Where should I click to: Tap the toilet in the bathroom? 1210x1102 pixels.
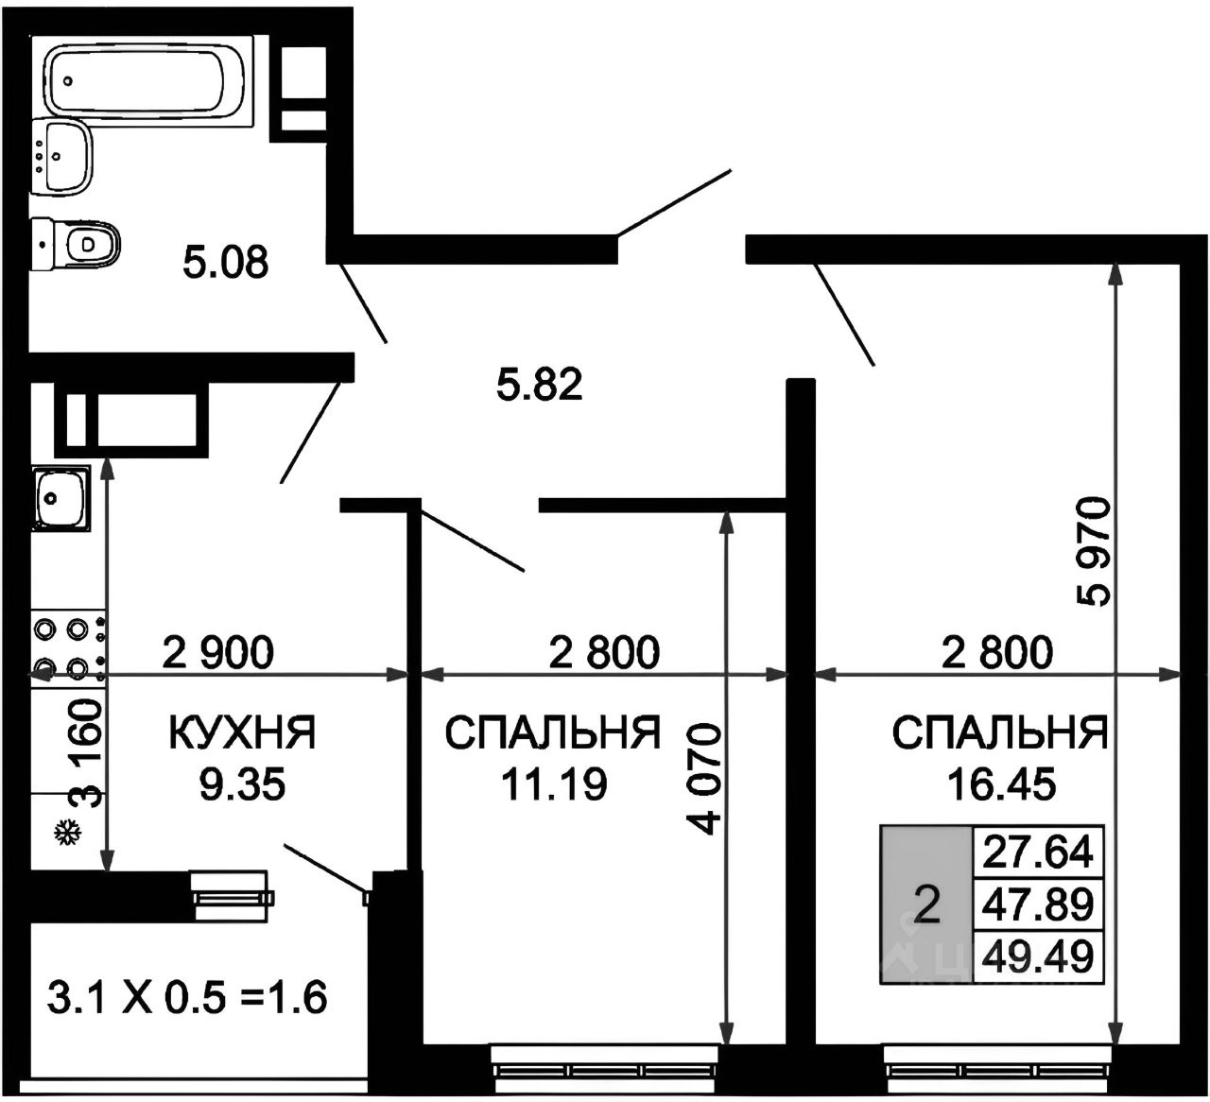[78, 244]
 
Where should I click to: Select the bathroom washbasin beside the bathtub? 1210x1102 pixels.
[63, 156]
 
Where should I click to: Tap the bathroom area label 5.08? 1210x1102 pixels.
[226, 262]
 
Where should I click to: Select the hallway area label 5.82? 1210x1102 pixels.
[539, 385]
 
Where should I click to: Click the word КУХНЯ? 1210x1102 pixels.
[242, 733]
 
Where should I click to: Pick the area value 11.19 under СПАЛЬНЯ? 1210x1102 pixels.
[554, 784]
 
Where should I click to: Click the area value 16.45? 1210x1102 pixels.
[1001, 784]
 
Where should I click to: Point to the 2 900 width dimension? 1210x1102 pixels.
[218, 651]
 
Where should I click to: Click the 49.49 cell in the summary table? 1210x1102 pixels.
[1038, 957]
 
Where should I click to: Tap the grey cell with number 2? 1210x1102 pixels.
[926, 905]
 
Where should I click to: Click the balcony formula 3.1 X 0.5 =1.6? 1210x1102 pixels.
[187, 997]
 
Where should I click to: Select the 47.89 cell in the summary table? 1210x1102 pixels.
[1038, 904]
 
